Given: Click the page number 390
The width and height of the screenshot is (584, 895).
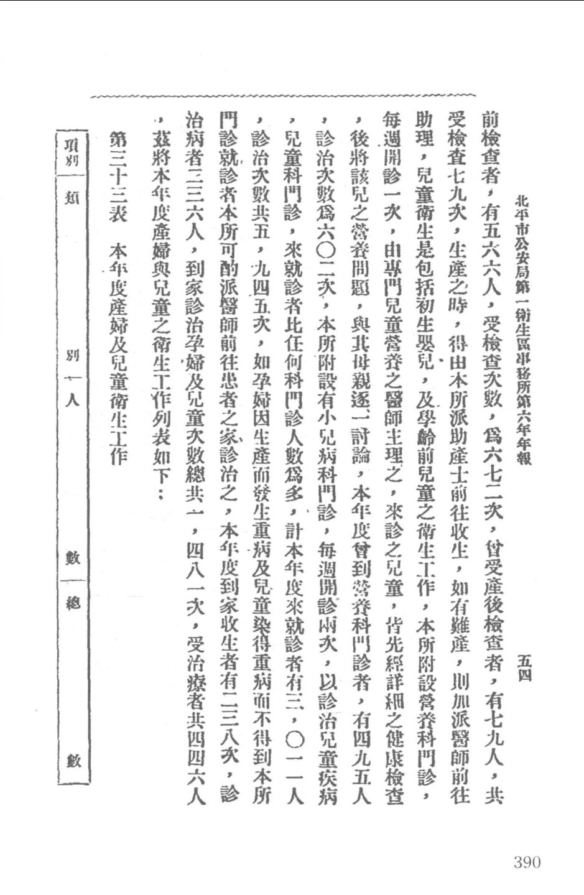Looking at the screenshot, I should (527, 861).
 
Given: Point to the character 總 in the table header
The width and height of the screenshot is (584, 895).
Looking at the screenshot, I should (73, 602).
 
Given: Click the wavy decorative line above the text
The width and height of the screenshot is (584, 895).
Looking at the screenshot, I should (283, 97).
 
